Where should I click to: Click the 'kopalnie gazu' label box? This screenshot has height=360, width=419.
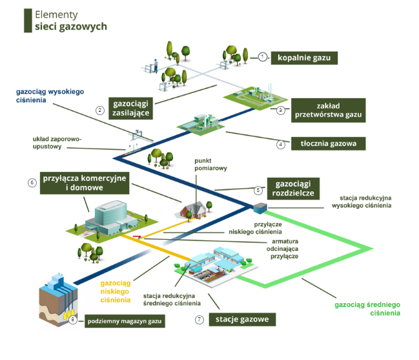304,58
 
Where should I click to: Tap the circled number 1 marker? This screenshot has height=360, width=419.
262,57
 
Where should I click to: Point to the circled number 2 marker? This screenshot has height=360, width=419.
100,110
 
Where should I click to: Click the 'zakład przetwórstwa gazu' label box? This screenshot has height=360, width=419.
329,110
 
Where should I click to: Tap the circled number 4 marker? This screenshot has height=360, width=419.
280,144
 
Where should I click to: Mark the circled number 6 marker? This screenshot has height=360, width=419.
31,182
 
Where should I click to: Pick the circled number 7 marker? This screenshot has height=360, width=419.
199,319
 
